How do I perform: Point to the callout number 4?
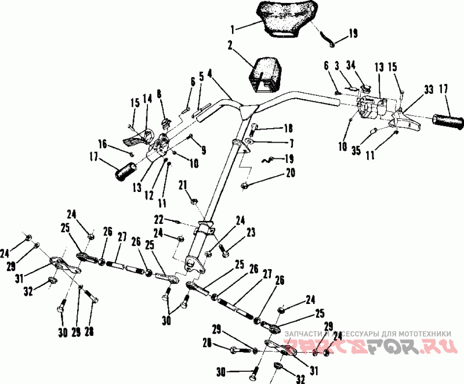[x=209, y=74]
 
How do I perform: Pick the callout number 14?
[x=147, y=99]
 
